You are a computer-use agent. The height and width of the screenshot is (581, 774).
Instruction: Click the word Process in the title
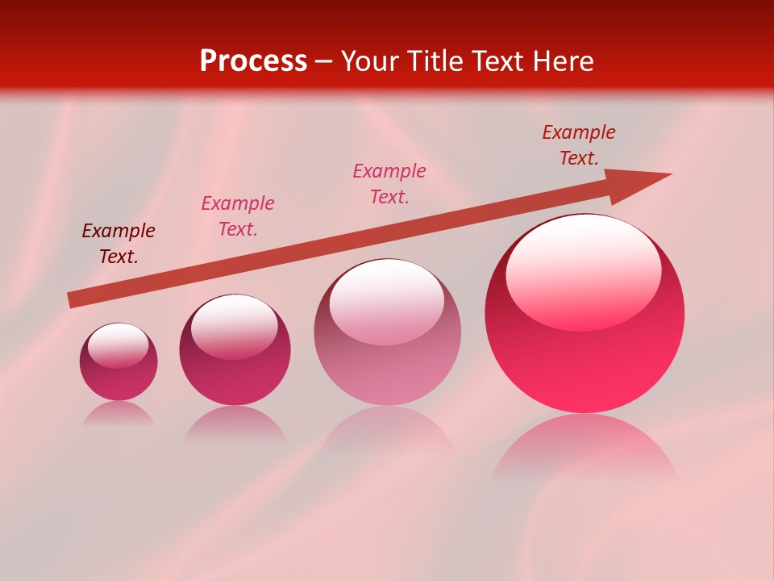coord(253,61)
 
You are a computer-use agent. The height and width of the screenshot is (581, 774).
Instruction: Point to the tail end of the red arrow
coord(71,300)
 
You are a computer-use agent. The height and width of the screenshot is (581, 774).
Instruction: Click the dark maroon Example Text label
coord(119,244)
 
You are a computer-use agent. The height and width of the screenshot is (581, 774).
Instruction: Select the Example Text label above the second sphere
coord(238,216)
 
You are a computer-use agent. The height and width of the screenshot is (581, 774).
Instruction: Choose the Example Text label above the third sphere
coord(389,184)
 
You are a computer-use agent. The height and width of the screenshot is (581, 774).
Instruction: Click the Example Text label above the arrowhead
coord(579,145)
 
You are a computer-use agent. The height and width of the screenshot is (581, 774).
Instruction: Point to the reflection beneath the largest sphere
coord(585,448)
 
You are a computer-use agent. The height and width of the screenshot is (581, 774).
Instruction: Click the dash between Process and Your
coord(324,61)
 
